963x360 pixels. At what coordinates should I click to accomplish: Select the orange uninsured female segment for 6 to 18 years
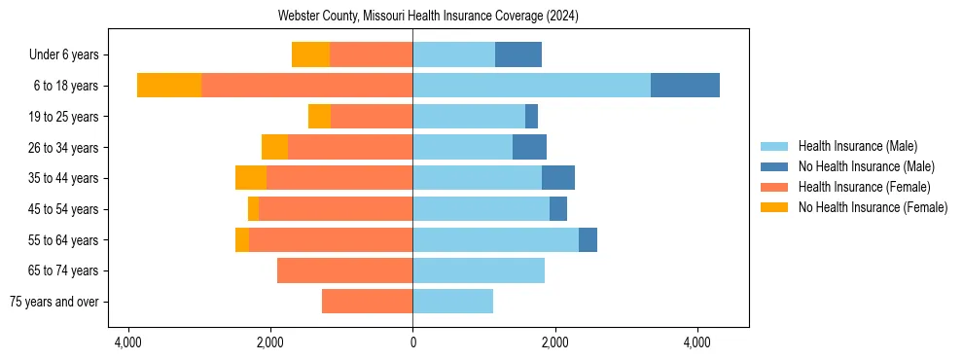coord(169,86)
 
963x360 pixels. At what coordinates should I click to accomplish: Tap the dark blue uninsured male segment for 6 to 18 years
coord(685,86)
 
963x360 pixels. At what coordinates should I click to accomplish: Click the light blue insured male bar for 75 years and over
coord(452,302)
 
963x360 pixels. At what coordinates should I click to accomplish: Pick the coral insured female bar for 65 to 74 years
coord(344,270)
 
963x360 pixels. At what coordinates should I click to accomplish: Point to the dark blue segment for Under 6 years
coord(518,55)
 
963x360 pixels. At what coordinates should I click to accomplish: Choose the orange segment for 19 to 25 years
coord(319,117)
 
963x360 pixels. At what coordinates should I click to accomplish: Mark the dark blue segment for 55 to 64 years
coord(588,240)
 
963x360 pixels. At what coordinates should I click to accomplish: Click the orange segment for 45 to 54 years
coord(253,209)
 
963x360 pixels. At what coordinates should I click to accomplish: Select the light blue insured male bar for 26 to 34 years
coord(462,148)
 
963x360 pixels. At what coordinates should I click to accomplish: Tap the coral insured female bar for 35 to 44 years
coord(339,178)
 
